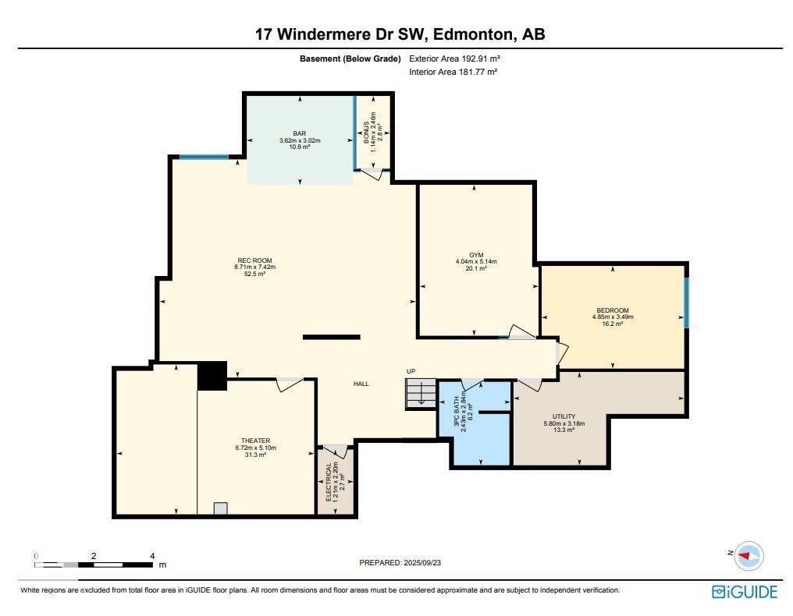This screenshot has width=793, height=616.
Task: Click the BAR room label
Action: (300, 134)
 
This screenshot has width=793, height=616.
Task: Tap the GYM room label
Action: (476, 255)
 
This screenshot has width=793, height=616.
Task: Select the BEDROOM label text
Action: (613, 310)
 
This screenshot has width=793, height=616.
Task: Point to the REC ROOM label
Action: (254, 260)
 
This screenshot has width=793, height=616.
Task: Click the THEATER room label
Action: (255, 441)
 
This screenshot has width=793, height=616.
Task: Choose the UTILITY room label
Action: (564, 417)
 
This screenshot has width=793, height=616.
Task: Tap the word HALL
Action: (361, 384)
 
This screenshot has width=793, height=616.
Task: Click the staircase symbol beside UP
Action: (421, 392)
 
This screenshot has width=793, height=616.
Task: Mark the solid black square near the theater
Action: (212, 376)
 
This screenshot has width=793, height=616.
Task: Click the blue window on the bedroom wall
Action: (686, 303)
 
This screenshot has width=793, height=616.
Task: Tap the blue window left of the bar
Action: (204, 157)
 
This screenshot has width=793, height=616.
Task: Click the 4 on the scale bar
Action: (152, 556)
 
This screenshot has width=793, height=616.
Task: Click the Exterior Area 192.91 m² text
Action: (454, 58)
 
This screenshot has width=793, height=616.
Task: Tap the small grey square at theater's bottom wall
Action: (221, 509)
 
